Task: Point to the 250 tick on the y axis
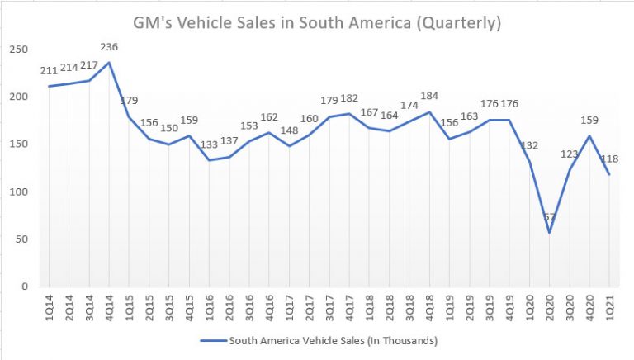pyautogui.click(x=18, y=50)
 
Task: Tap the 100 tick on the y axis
pyautogui.click(x=18, y=192)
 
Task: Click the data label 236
pyautogui.click(x=109, y=47)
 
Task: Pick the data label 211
pyautogui.click(x=50, y=71)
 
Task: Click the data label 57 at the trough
pyautogui.click(x=549, y=218)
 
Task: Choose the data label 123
pyautogui.click(x=568, y=154)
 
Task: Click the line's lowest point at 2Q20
pyautogui.click(x=549, y=232)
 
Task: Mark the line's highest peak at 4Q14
pyautogui.click(x=109, y=62)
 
